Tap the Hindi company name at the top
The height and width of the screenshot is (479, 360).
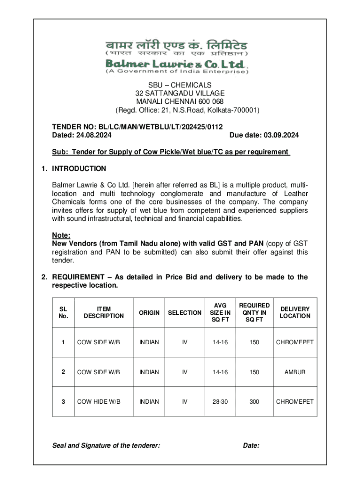[x=176, y=47]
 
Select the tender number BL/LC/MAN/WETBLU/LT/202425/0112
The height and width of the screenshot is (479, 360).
[x=161, y=127]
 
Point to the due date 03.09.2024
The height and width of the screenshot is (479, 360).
[x=281, y=135]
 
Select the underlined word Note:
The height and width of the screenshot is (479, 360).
[x=61, y=236]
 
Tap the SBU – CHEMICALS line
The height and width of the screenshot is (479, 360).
[x=180, y=85]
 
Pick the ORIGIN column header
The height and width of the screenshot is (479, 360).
[x=149, y=312]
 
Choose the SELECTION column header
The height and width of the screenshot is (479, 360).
[x=185, y=312]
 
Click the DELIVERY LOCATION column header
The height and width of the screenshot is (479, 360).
[x=295, y=312]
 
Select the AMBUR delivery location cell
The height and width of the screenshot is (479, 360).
[x=295, y=372]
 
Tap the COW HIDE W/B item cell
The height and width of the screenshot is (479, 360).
[x=99, y=401]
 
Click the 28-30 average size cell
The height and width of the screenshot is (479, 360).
[x=220, y=401]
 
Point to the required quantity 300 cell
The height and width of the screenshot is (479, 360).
[x=254, y=401]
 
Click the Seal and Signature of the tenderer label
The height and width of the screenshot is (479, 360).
[x=106, y=446]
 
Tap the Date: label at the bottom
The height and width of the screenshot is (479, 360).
[x=252, y=446]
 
